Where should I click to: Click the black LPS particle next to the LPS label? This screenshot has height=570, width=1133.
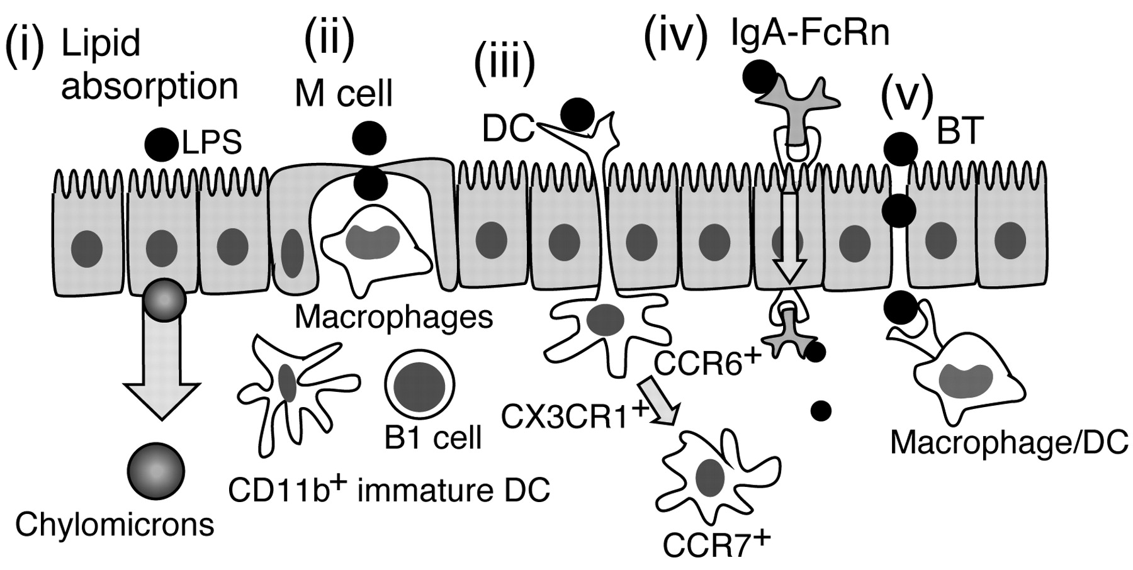(x=162, y=144)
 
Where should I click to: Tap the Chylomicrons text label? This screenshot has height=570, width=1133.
(x=115, y=525)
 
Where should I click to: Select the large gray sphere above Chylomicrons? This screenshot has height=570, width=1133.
(x=155, y=471)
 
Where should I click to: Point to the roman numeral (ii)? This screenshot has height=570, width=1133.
(x=329, y=40)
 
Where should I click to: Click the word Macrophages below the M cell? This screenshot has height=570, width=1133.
(x=393, y=317)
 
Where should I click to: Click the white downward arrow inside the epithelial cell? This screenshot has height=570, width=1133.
(x=789, y=236)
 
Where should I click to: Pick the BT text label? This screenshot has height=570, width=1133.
(x=959, y=131)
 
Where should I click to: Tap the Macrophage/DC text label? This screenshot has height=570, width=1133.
(x=1008, y=443)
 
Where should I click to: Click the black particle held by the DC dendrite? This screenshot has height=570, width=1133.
(x=577, y=115)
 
